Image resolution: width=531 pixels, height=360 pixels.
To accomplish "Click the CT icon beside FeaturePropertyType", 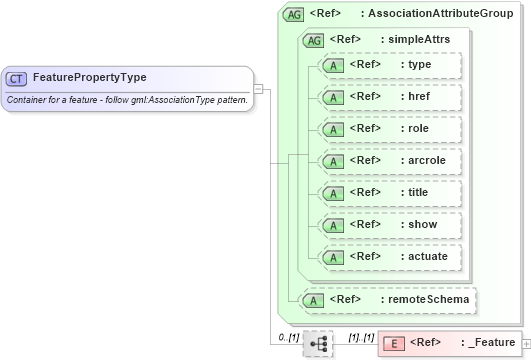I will [x=17, y=78].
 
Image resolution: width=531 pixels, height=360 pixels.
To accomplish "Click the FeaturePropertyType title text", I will [x=89, y=77].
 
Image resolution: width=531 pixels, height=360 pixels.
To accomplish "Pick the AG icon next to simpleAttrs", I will [x=314, y=40].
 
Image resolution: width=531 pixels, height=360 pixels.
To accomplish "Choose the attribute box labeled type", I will [x=389, y=65].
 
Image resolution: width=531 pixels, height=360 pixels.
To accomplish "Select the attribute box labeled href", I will [x=389, y=97].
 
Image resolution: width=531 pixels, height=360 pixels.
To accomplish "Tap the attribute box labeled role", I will [x=389, y=129].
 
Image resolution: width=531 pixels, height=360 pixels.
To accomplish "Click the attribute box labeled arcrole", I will [x=389, y=161].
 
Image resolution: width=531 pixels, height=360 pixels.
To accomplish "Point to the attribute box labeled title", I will [x=389, y=193].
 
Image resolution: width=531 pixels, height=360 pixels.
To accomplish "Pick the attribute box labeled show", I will [x=389, y=225].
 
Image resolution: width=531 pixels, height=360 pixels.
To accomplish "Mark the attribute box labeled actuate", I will [x=389, y=257].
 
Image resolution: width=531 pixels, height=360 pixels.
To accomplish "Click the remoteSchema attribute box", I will [x=389, y=298].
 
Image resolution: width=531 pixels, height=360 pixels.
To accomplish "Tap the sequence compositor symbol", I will [x=318, y=343].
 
